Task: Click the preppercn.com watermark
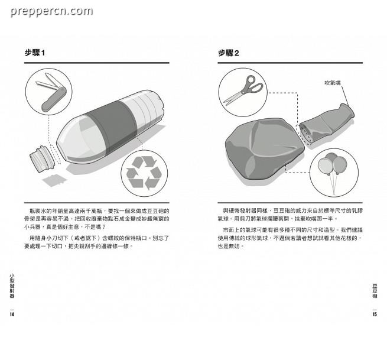click(x=51, y=11)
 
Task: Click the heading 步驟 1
click(x=35, y=53)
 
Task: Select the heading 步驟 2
click(x=228, y=53)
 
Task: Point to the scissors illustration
click(x=243, y=90)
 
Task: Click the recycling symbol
click(x=144, y=173)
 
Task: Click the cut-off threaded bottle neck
click(x=42, y=159)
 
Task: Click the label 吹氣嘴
click(x=333, y=83)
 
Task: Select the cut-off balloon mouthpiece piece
click(x=327, y=124)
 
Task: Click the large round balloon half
click(x=265, y=148)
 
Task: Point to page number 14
click(x=12, y=314)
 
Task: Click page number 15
click(x=375, y=314)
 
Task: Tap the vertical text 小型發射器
click(x=12, y=286)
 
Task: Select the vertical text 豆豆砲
click(x=375, y=291)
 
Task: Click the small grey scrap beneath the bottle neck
click(x=55, y=180)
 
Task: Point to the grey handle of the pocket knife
click(x=54, y=99)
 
